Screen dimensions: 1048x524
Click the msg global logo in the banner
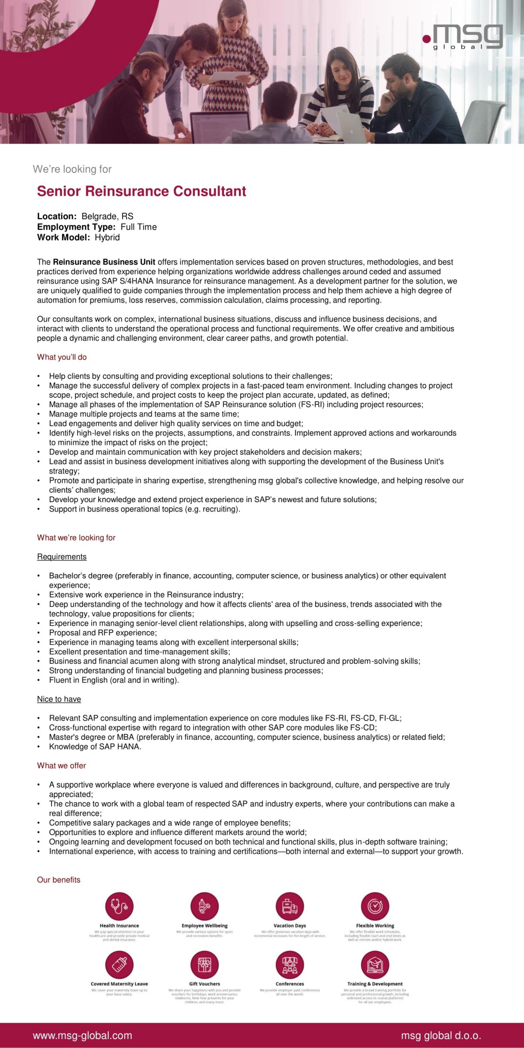[463, 37]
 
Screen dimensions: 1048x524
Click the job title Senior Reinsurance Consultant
[141, 191]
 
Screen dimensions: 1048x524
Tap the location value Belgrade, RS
[107, 216]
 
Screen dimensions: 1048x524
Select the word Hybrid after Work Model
[107, 238]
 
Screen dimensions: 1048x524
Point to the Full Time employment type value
[138, 227]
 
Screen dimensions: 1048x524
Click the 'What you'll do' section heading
[62, 357]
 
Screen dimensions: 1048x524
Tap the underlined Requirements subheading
[62, 557]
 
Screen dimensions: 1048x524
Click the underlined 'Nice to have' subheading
[59, 699]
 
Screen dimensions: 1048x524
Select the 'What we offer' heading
[61, 765]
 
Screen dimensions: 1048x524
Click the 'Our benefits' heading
[59, 880]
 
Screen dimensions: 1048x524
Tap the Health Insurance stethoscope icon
[119, 907]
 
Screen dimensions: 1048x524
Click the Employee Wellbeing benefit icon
[204, 907]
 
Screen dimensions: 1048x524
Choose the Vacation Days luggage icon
[290, 907]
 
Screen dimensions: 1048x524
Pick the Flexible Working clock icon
[375, 907]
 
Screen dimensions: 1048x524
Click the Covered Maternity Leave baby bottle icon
[119, 965]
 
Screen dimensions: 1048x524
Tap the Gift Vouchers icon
[204, 965]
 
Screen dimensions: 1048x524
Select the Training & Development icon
[375, 965]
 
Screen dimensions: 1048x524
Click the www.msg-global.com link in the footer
[83, 1036]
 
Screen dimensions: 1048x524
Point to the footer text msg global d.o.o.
[441, 1036]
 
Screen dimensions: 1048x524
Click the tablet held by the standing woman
[230, 76]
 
